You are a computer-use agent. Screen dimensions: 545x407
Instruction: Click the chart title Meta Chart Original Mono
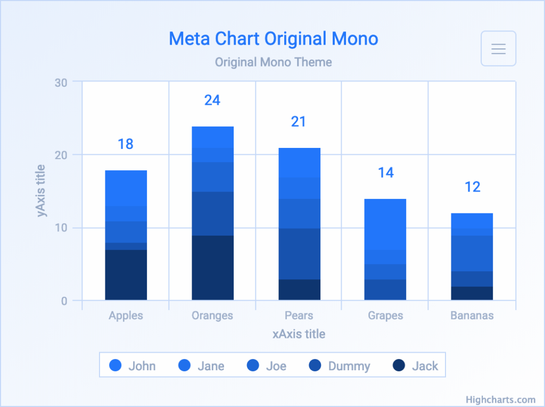point(273,39)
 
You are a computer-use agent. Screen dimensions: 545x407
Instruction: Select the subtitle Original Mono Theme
point(273,62)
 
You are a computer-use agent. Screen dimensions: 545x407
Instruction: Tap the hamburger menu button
point(498,48)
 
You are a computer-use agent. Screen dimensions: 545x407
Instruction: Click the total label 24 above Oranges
point(212,100)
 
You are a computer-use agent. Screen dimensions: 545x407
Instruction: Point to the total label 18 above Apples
point(126,144)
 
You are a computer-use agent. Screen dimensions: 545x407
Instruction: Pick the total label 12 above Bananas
point(473,187)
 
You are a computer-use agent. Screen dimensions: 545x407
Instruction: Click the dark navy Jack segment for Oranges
point(213,268)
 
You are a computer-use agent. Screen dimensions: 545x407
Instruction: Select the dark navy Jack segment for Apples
point(126,275)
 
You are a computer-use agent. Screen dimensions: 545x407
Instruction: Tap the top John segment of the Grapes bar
point(385,225)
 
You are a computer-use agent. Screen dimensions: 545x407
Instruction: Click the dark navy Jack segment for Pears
point(299,289)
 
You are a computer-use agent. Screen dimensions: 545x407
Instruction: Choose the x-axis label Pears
point(299,315)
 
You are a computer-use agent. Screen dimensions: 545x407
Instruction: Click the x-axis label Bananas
point(472,315)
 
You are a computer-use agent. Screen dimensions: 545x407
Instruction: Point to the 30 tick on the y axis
point(61,82)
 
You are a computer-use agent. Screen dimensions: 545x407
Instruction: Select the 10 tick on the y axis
point(61,228)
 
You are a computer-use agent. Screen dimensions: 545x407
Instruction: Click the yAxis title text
point(40,191)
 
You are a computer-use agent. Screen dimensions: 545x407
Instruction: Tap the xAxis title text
point(299,334)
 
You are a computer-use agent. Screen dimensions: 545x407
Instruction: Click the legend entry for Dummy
point(340,366)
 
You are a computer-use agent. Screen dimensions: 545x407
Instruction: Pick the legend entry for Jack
point(415,366)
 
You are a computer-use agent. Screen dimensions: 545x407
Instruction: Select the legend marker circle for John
point(115,366)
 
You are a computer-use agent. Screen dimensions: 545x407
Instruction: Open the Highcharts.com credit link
point(500,400)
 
